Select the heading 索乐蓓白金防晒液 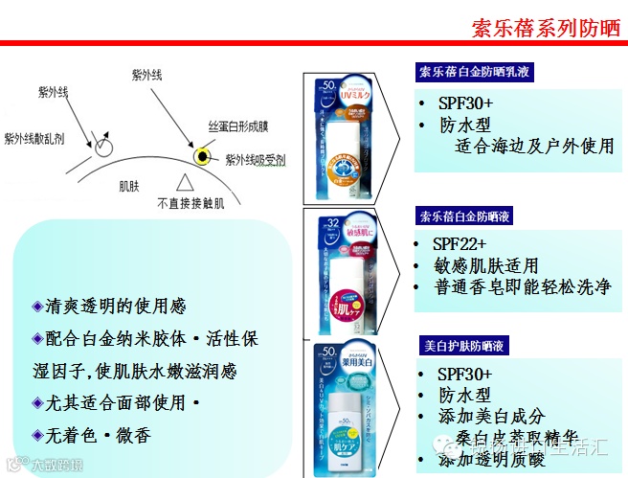[x=463, y=216]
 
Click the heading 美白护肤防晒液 [x=463, y=346]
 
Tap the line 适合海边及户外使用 [x=533, y=147]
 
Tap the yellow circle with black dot [x=203, y=157]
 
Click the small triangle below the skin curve [x=186, y=182]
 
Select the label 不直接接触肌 [x=192, y=203]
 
